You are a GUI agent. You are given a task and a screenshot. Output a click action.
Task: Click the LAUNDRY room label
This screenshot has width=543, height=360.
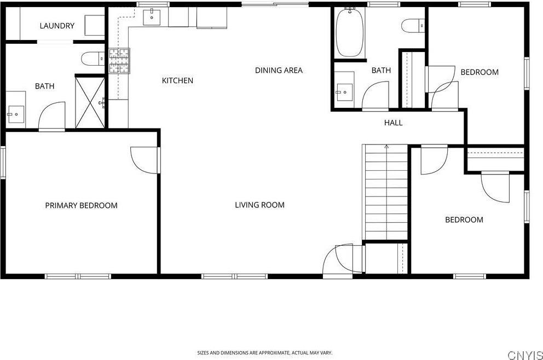[x=57, y=26]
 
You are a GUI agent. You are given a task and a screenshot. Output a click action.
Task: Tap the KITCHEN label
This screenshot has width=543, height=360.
[x=177, y=80]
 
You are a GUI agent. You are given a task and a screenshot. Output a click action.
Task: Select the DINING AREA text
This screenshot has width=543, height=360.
[x=279, y=70]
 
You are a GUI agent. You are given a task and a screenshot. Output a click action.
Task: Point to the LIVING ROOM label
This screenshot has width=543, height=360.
[x=259, y=205]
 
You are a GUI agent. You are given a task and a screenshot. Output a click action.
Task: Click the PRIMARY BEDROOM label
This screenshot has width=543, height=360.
[x=81, y=206]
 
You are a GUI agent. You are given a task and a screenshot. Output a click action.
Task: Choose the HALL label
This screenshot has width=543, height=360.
[x=393, y=123]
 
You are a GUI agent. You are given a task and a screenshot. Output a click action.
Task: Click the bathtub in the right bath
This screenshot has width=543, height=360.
[x=350, y=33]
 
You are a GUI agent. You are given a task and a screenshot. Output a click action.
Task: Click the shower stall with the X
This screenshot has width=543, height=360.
[x=90, y=102]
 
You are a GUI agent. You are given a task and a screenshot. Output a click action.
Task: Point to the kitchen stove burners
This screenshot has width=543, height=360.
[x=120, y=61]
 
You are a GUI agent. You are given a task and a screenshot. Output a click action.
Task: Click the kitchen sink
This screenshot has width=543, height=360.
[x=152, y=18]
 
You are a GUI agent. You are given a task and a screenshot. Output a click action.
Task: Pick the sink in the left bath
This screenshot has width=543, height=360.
[x=15, y=114]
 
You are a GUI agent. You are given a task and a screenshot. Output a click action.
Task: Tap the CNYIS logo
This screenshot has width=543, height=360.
[x=524, y=356]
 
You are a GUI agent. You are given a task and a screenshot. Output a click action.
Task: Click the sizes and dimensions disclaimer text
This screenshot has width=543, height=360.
[x=264, y=353]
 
